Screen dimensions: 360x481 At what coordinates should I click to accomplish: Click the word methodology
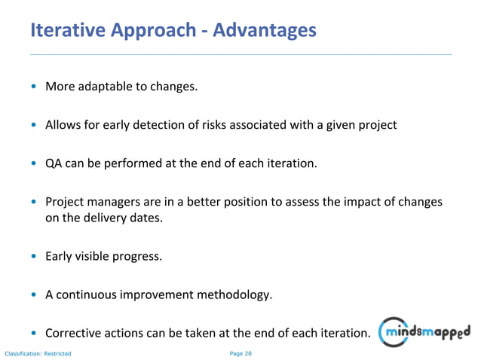(233, 294)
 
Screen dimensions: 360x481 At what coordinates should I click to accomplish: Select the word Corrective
(74, 333)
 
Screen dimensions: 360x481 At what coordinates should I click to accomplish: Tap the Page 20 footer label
(240, 353)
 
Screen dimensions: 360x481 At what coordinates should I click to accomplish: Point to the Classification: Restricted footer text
(38, 353)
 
